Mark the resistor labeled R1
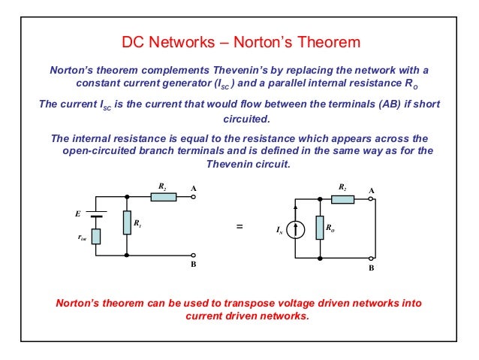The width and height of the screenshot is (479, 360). (126, 223)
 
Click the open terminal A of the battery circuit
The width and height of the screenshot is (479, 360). (193, 198)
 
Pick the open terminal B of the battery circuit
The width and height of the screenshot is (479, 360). (193, 256)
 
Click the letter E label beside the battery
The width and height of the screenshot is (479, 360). (77, 213)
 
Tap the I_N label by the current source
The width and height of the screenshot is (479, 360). (279, 233)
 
